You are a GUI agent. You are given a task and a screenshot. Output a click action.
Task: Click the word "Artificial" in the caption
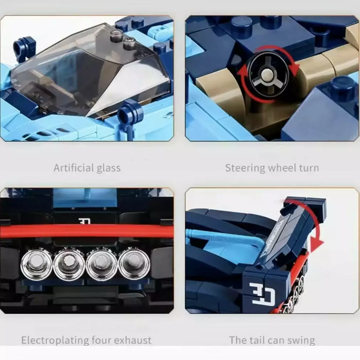(74, 168)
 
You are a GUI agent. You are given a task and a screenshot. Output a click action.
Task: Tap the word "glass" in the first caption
(108, 168)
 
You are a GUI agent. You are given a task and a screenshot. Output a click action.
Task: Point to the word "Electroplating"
(55, 340)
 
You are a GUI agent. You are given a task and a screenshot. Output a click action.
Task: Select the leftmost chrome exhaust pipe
(36, 263)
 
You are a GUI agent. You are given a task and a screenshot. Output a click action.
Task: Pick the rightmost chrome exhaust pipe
(134, 263)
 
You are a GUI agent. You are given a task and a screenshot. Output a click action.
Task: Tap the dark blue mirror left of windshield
(25, 46)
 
